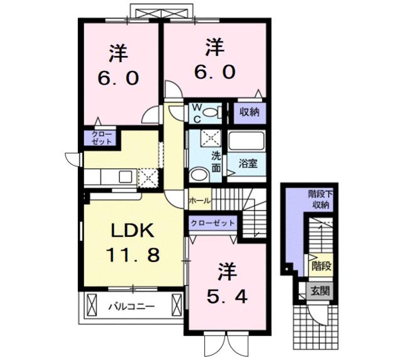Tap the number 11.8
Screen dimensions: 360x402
pos(134,254)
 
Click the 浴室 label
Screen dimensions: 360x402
pos(249,164)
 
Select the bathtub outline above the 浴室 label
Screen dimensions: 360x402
pos(248,141)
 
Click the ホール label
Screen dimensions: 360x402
pos(199,201)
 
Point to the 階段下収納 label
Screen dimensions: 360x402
pos(320,200)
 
